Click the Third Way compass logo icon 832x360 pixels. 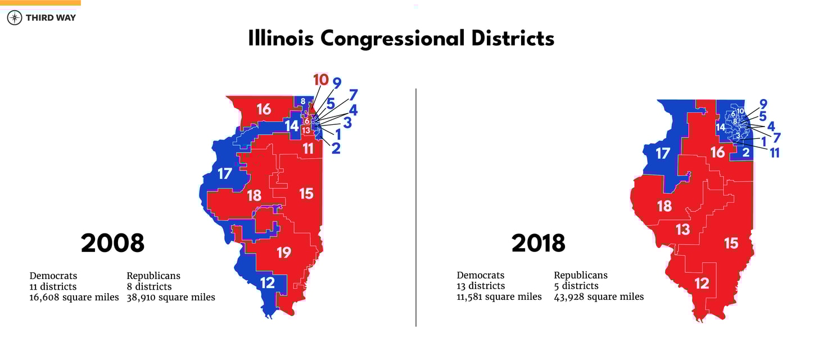click(15, 17)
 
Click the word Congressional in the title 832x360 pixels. click(392, 38)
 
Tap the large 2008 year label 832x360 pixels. click(112, 243)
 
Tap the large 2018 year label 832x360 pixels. click(538, 243)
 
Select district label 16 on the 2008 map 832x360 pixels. click(264, 109)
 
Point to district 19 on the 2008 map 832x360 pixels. click(284, 253)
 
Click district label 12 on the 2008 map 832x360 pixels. click(267, 282)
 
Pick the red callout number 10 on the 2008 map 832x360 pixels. click(320, 80)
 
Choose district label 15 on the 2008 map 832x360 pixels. click(306, 193)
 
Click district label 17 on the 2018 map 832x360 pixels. click(663, 153)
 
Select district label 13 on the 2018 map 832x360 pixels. click(682, 229)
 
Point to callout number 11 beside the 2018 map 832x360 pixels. click(775, 152)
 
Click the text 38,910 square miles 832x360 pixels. click(171, 297)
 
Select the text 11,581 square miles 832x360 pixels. click(499, 296)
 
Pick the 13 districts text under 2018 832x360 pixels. click(481, 286)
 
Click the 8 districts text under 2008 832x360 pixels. click(149, 287)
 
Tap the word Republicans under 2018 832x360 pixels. click(581, 276)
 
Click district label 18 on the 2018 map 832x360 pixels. click(664, 206)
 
